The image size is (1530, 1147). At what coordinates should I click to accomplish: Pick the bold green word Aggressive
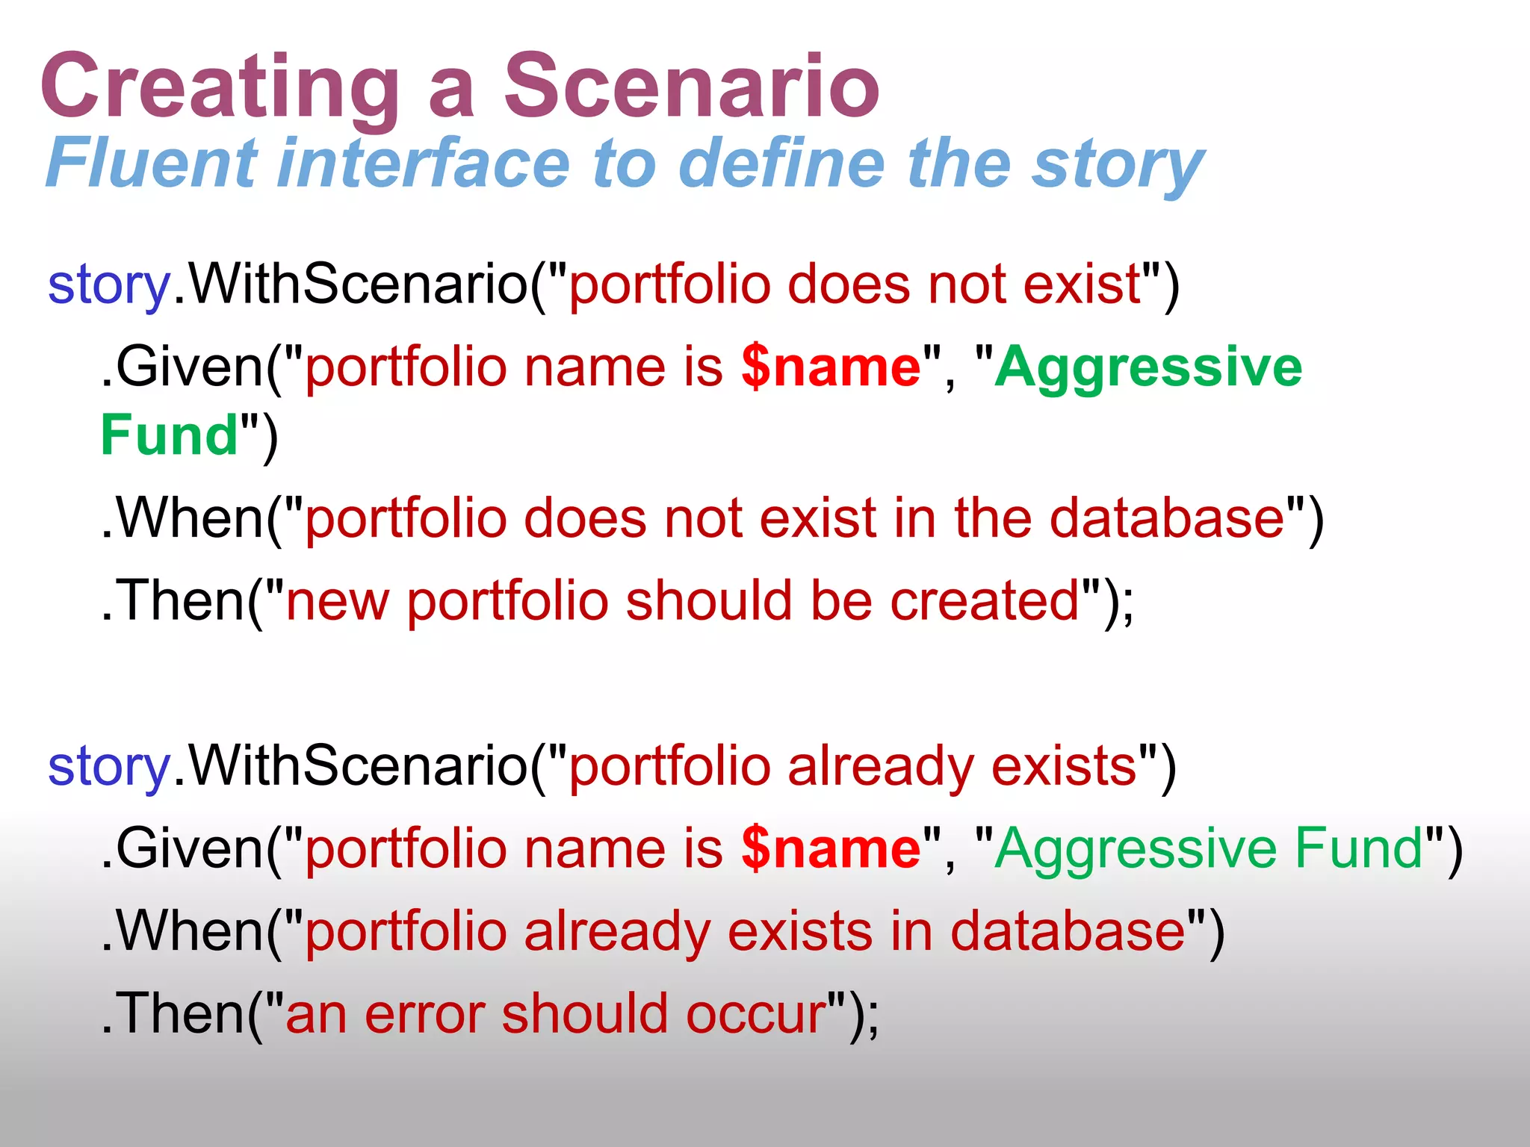(1148, 367)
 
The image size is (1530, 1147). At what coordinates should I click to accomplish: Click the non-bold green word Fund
(1359, 848)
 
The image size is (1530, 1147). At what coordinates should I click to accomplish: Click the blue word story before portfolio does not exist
(109, 285)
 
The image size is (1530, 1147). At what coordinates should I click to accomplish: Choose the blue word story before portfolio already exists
(109, 768)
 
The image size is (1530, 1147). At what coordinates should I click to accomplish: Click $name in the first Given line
(831, 367)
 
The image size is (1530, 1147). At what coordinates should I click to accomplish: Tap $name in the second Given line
(831, 849)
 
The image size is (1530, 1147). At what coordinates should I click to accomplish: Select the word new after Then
(337, 602)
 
